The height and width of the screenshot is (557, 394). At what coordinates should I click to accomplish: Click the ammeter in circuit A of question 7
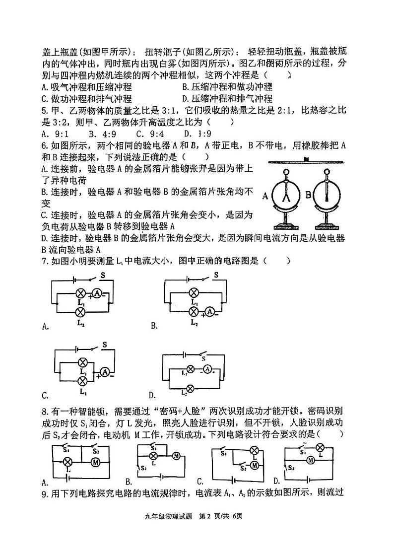(97, 294)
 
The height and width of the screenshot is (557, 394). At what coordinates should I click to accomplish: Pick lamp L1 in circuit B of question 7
(194, 292)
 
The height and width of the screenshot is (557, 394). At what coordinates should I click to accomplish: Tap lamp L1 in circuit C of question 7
(83, 362)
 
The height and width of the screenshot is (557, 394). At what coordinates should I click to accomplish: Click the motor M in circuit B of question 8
(175, 456)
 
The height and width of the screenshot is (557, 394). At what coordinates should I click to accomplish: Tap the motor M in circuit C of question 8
(255, 465)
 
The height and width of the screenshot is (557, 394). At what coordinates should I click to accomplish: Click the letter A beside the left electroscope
(266, 196)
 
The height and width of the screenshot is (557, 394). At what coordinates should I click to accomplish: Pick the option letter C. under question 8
(200, 481)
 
